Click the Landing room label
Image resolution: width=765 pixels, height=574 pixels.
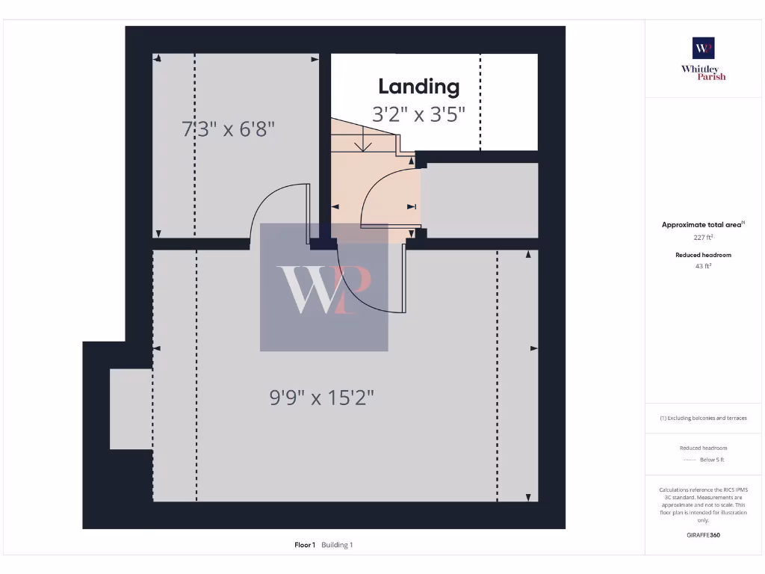tap(418, 87)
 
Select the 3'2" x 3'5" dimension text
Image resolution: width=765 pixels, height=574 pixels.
tap(418, 114)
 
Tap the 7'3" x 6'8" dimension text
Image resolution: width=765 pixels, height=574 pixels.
tap(229, 129)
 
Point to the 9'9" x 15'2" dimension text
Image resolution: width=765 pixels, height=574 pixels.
tap(322, 398)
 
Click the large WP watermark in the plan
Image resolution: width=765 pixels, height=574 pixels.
tap(324, 288)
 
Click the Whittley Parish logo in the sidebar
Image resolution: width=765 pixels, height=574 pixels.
tap(703, 58)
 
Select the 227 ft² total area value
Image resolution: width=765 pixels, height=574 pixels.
tap(703, 237)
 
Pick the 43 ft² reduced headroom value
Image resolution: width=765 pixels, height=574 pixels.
tap(703, 265)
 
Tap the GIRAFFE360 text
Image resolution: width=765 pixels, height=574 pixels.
tap(703, 535)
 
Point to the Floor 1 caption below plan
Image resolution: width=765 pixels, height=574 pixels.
tap(305, 545)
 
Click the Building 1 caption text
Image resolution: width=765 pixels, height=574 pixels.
tap(337, 545)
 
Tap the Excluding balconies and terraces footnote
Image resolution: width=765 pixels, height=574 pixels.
tap(703, 418)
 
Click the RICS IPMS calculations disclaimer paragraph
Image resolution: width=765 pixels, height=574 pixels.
tap(703, 504)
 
